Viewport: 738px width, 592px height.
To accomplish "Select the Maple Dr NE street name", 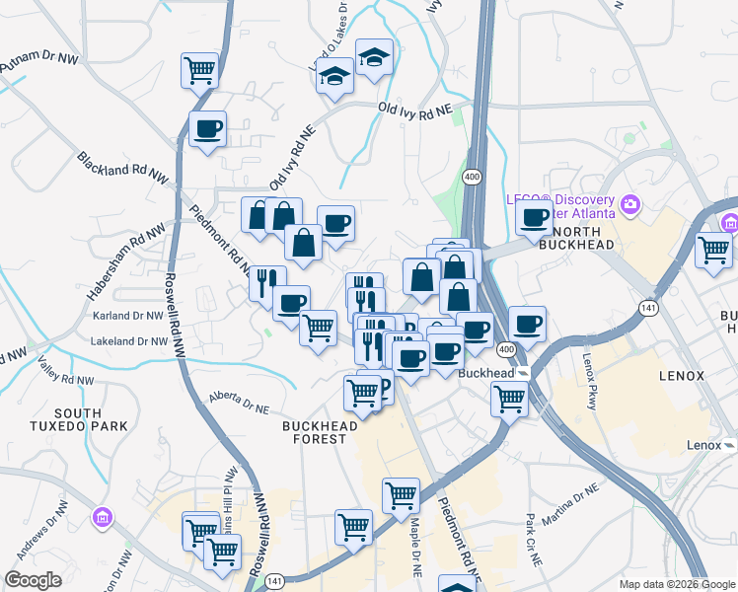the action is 415,548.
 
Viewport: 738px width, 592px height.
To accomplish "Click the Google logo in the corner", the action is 33,580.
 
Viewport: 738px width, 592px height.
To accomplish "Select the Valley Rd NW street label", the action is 66,370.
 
